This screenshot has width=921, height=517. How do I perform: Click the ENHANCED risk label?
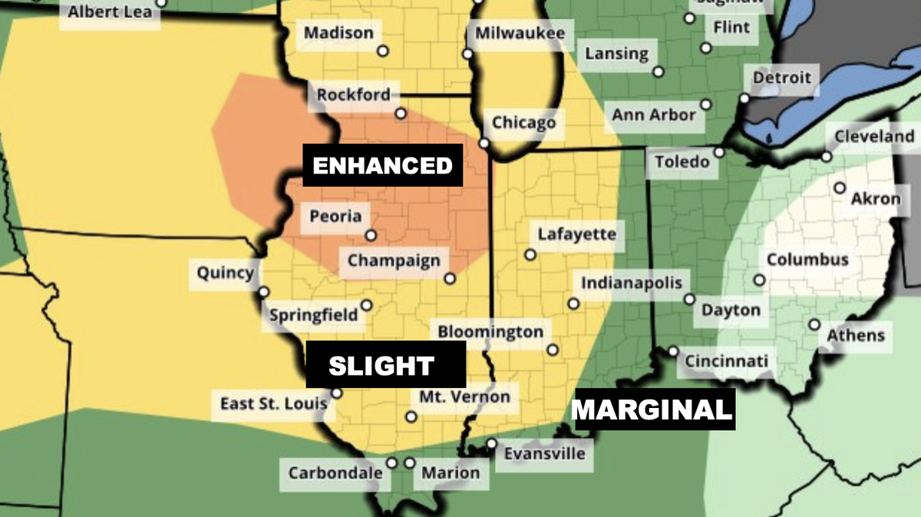[x=382, y=165]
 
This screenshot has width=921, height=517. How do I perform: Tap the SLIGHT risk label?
[x=381, y=366]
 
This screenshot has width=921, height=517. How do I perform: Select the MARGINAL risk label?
[x=653, y=409]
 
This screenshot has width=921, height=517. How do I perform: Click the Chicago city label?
[x=523, y=123]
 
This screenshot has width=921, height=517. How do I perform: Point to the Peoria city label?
[x=335, y=216]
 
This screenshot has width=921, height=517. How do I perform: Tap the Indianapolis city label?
[x=631, y=283]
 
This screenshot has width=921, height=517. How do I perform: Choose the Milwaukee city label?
[x=520, y=33]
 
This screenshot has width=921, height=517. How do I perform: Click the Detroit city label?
[x=781, y=78]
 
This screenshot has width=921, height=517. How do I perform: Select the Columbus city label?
[x=807, y=259]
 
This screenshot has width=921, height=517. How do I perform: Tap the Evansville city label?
[x=544, y=453]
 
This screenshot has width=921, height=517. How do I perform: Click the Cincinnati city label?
[x=725, y=361]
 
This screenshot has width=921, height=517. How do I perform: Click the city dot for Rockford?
[x=401, y=114]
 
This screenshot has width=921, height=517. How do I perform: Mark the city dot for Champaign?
[x=450, y=279]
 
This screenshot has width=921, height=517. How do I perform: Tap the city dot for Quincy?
[x=264, y=292]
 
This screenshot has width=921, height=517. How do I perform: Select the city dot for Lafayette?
[x=530, y=254]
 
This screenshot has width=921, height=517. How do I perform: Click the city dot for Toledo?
[x=719, y=152]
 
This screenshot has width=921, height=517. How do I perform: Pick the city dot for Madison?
[x=382, y=51]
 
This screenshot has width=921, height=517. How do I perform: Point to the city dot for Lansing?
[x=659, y=72]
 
